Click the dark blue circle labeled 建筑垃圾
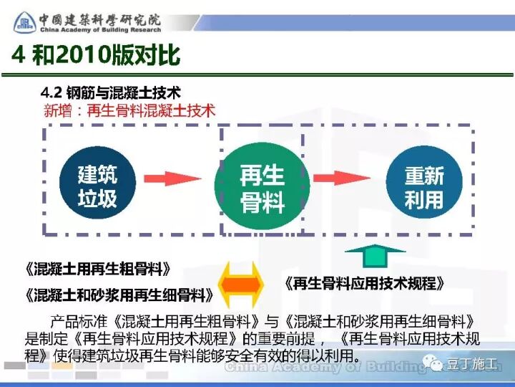tap(97, 187)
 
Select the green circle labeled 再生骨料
tap(263, 188)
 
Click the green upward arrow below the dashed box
tap(375, 257)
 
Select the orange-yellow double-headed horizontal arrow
tap(241, 283)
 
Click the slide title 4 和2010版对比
tap(96, 54)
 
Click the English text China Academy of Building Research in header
tap(100, 31)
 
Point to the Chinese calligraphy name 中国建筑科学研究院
tap(100, 16)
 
